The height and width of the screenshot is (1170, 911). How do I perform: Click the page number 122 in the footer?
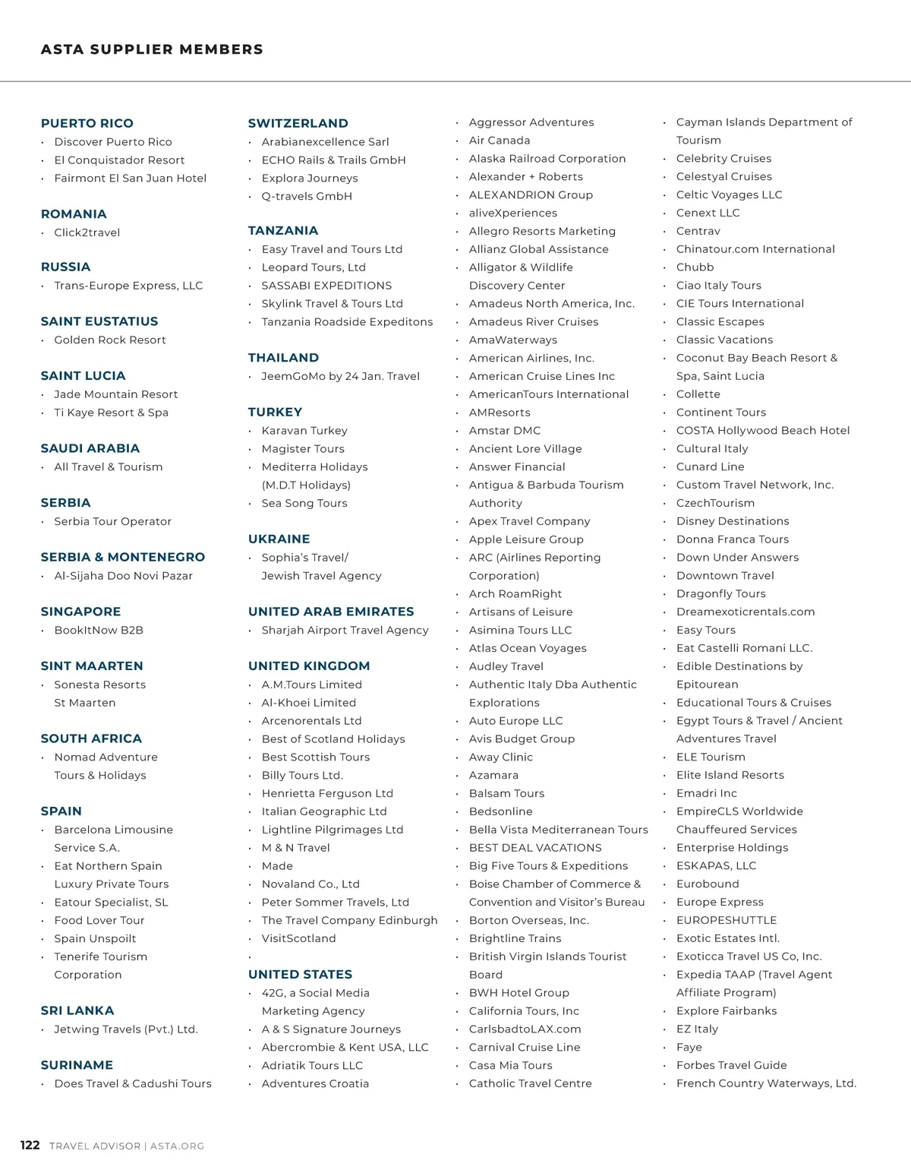coord(30,1145)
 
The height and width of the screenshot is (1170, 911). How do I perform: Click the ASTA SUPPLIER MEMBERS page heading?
coord(152,49)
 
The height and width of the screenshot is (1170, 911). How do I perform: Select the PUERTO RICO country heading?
coord(87,123)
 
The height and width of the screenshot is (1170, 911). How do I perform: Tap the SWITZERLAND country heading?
coord(298,123)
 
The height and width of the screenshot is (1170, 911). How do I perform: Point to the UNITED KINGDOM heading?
coord(308,666)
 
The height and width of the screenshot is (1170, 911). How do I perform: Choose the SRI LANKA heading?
coord(77,1010)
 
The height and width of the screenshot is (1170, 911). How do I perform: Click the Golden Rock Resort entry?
coord(109,340)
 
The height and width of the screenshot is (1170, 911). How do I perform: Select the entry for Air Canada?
coord(499,140)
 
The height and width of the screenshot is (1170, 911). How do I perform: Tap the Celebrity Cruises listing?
coord(723,158)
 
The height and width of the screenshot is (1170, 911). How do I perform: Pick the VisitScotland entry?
coord(298,938)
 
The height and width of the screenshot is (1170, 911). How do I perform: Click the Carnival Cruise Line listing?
coord(524,1047)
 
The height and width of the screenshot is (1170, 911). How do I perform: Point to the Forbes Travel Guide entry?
coord(731,1065)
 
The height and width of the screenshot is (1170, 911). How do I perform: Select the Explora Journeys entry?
coord(309,178)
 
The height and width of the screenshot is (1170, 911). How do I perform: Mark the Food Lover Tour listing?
coord(99,920)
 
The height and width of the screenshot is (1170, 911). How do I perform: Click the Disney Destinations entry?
coord(732,521)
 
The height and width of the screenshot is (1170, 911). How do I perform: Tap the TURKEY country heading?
coord(275,412)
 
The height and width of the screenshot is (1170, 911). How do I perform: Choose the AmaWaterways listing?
coord(512,340)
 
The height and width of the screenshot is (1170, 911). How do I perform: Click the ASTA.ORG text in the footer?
coord(177,1146)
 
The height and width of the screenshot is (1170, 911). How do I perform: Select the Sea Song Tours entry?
coord(304,503)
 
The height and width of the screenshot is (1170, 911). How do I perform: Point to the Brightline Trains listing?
coord(515,938)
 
